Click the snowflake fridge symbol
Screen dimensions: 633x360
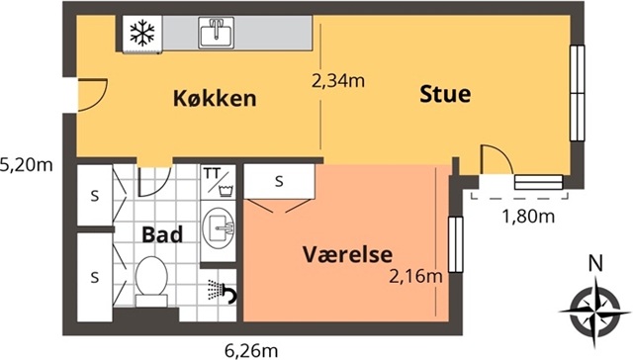tap(142, 33)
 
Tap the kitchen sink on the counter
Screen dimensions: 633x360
tap(217, 33)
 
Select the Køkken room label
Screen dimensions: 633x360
tap(215, 99)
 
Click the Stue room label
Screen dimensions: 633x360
tap(445, 94)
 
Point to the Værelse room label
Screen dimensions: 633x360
tap(347, 254)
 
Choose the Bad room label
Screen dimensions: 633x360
tap(162, 234)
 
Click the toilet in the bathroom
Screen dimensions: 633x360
tap(151, 281)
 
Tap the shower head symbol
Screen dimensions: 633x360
tap(222, 291)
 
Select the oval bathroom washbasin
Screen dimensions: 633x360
tap(219, 227)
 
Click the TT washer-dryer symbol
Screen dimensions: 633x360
tap(218, 181)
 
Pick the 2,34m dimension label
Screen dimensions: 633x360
tap(338, 81)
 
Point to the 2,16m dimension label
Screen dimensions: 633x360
tap(415, 277)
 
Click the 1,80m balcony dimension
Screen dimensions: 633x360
tap(528, 217)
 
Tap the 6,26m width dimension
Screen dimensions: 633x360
tap(251, 351)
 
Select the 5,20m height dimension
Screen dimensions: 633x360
tap(27, 164)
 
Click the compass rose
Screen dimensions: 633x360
tap(595, 311)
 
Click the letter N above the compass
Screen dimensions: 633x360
tap(595, 263)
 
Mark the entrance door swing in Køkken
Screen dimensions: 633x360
tap(92, 95)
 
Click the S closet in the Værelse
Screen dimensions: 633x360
tap(279, 181)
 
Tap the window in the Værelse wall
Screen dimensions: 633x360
tap(456, 244)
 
